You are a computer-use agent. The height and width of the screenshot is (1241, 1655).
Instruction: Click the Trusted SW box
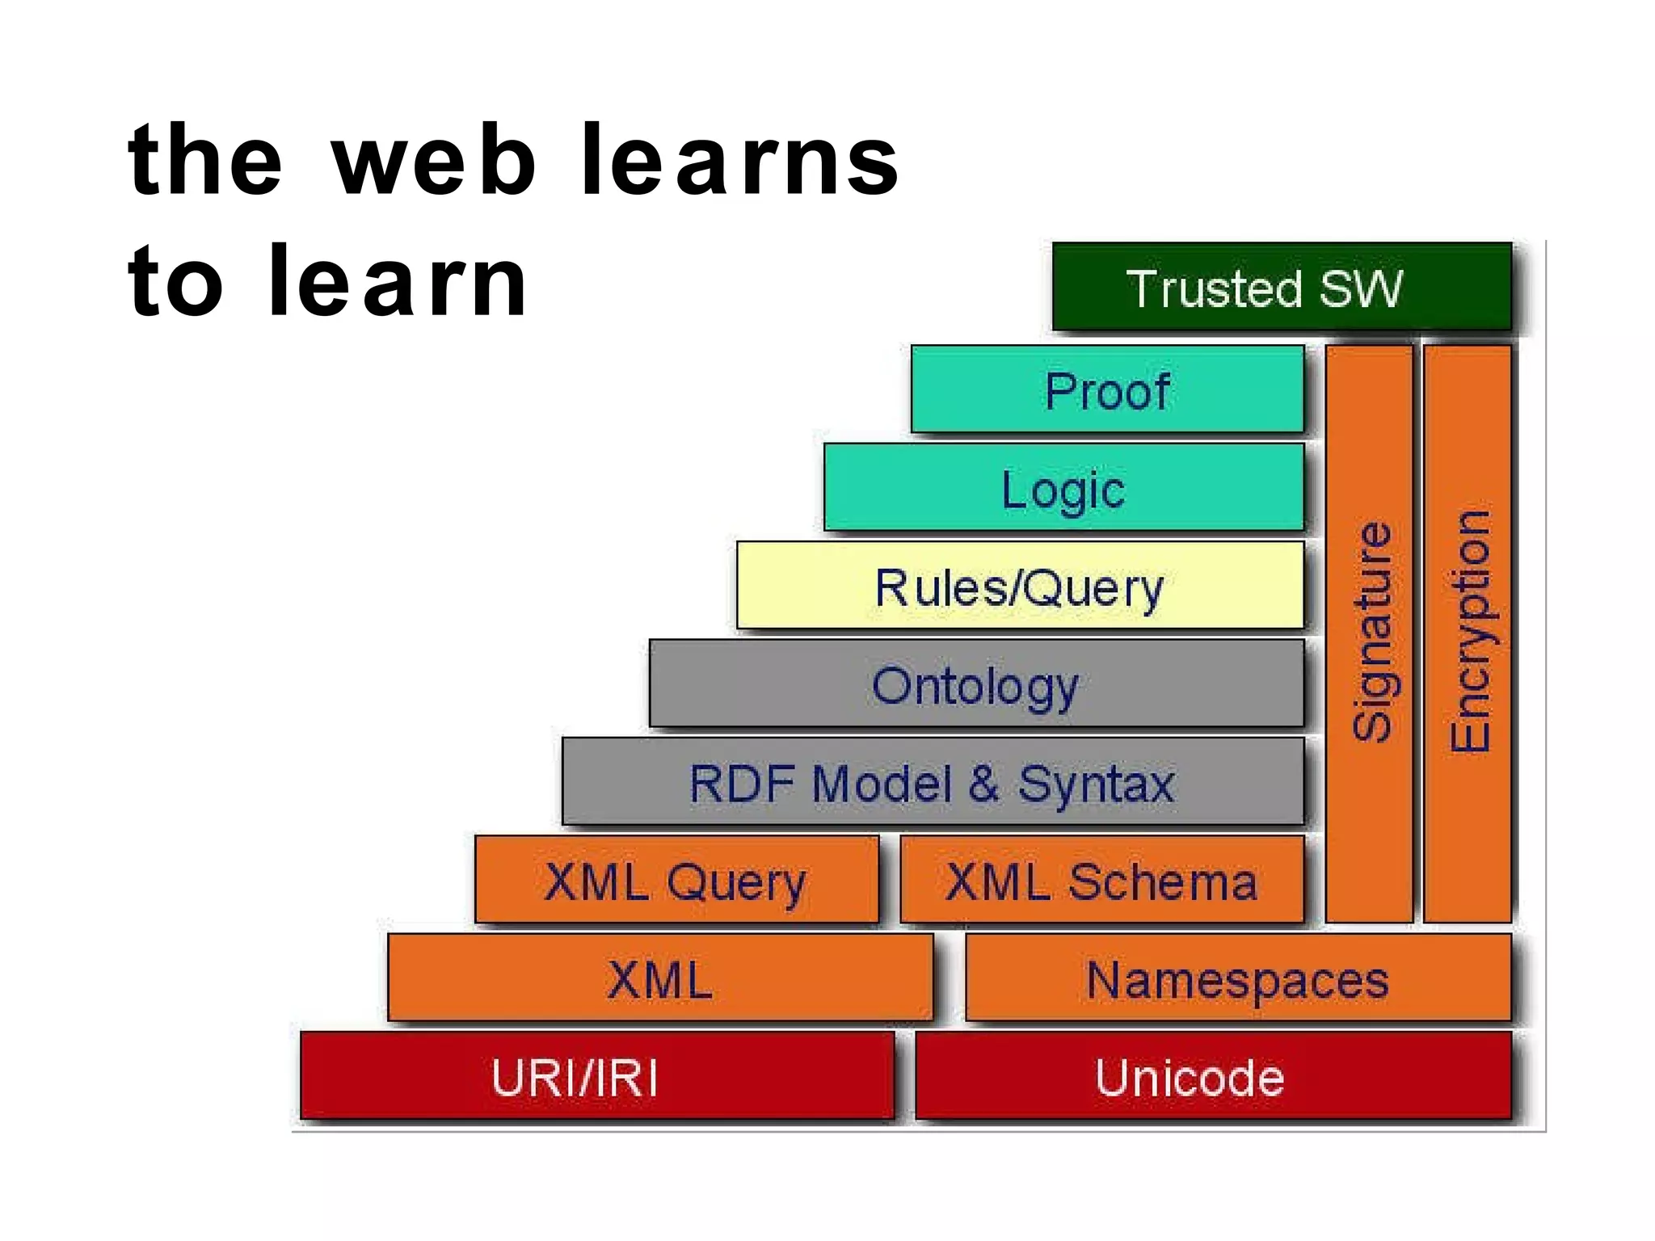pyautogui.click(x=1281, y=287)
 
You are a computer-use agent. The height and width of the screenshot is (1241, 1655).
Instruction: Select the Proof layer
pyautogui.click(x=1107, y=389)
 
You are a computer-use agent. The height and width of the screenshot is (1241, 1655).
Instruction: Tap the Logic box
pyautogui.click(x=1063, y=487)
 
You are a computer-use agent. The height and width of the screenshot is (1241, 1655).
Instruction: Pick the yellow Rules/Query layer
pyautogui.click(x=1020, y=586)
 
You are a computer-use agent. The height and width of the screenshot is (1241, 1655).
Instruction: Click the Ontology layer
pyautogui.click(x=976, y=684)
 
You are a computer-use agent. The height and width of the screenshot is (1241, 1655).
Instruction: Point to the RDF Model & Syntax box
pyautogui.click(x=933, y=782)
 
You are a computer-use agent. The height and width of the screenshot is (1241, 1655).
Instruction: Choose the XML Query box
pyautogui.click(x=676, y=880)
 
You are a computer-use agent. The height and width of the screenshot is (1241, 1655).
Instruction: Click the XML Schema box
pyautogui.click(x=1101, y=880)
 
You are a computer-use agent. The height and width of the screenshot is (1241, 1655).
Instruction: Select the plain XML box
pyautogui.click(x=660, y=978)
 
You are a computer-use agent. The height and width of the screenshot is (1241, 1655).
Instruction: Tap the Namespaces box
pyautogui.click(x=1237, y=978)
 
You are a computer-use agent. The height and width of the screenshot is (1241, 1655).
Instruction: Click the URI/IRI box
pyautogui.click(x=597, y=1076)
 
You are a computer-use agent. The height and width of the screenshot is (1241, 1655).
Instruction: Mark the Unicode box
pyautogui.click(x=1212, y=1076)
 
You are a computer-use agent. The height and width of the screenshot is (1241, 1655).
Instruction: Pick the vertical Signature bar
pyautogui.click(x=1370, y=633)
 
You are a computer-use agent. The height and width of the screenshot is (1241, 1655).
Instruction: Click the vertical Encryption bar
pyautogui.click(x=1468, y=633)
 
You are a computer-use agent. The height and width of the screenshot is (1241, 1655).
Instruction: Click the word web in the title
pyautogui.click(x=433, y=162)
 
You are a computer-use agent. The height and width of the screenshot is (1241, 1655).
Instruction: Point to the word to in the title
pyautogui.click(x=175, y=283)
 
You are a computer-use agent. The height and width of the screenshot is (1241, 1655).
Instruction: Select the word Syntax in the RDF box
pyautogui.click(x=1096, y=784)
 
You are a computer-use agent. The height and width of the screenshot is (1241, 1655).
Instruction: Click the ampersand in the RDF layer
pyautogui.click(x=983, y=784)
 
